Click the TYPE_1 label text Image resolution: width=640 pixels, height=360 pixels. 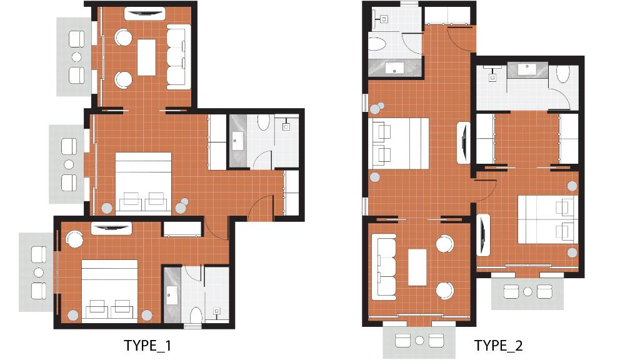147,346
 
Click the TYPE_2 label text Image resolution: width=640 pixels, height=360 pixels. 497,346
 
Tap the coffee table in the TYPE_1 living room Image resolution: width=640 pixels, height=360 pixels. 146,57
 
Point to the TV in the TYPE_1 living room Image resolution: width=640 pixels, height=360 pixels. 144,13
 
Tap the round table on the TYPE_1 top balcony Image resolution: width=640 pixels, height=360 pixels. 77,57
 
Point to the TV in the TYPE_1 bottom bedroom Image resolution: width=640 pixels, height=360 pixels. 111,228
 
